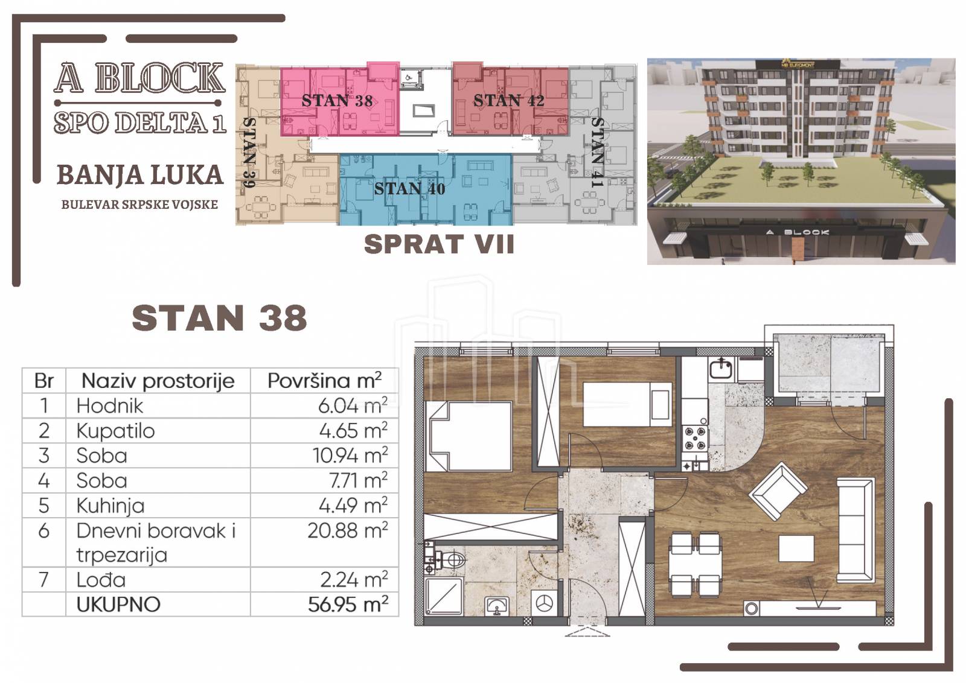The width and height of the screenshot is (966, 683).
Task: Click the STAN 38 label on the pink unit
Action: point(337,101)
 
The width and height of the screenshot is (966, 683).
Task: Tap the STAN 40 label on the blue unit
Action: point(409,189)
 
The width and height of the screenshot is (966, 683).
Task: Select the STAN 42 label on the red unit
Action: point(509,101)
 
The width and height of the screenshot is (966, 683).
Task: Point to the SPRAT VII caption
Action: point(439,244)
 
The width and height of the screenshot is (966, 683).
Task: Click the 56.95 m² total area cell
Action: point(348,604)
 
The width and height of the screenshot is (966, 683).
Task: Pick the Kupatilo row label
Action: point(115,431)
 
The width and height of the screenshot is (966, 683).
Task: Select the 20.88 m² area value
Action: point(348,531)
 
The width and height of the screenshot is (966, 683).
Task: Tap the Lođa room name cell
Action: point(101,580)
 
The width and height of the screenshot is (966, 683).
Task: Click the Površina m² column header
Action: point(324,381)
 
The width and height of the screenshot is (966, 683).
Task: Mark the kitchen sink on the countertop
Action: point(720,369)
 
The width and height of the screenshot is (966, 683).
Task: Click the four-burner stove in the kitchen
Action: point(695,438)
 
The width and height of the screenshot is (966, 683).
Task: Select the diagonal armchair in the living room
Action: point(778,491)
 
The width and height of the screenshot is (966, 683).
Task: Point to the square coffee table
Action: point(796,548)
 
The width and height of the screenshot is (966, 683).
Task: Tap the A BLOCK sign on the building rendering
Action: point(798,232)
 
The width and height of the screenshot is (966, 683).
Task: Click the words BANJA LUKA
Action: point(140,175)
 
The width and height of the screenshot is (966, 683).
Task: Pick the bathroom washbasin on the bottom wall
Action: point(497,606)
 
